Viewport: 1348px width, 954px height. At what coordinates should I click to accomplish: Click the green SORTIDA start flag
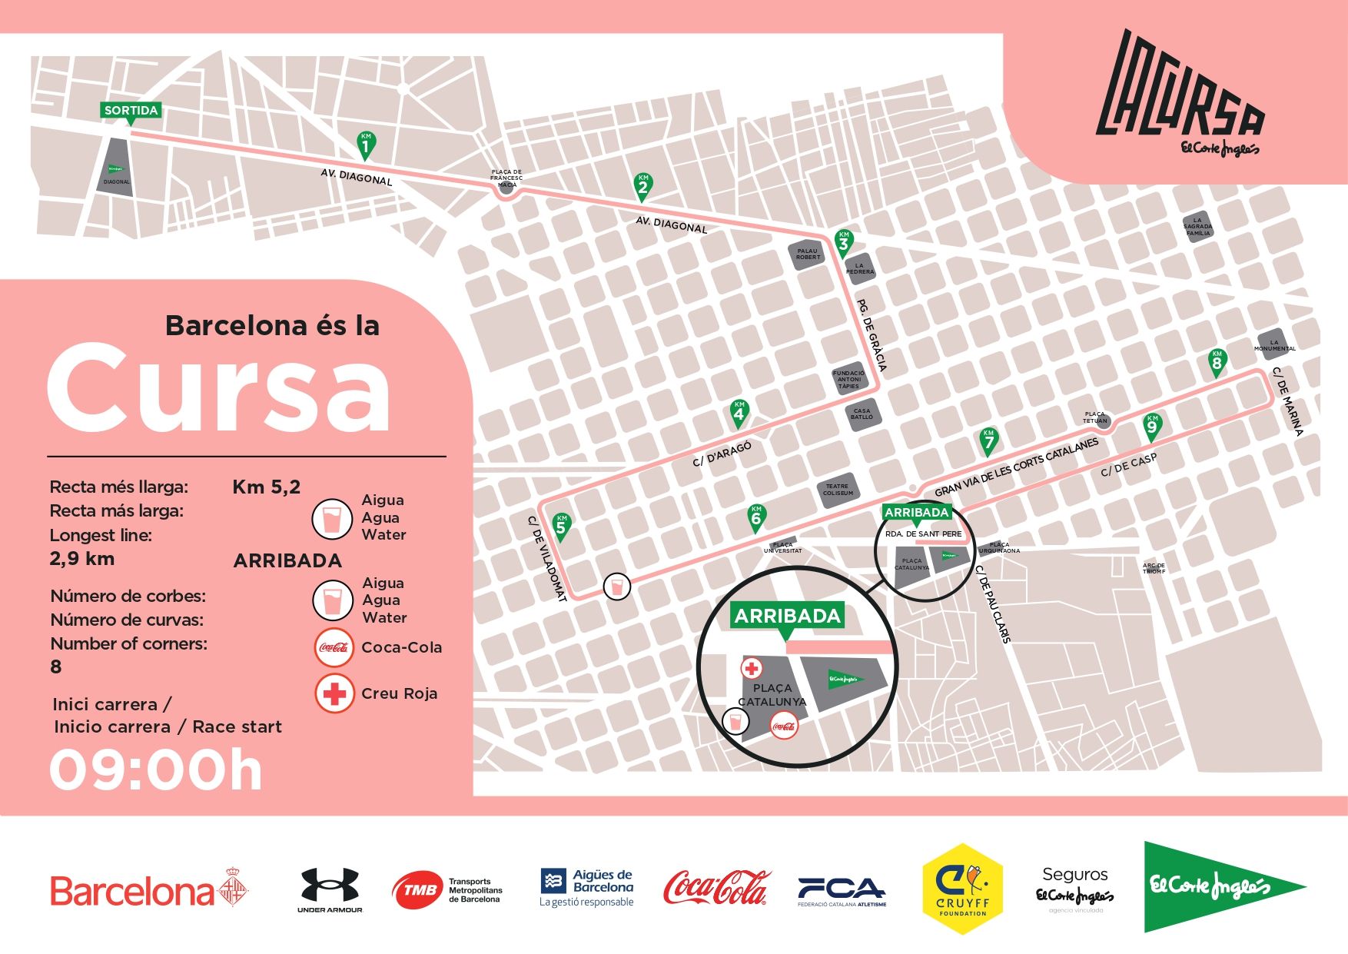pos(131,111)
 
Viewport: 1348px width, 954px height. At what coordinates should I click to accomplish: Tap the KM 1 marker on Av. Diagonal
pos(366,144)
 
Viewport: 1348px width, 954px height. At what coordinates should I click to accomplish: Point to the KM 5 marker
pos(561,527)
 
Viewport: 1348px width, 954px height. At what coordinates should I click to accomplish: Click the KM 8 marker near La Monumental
pos(1216,362)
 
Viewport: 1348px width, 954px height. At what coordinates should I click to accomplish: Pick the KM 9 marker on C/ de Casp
pos(1151,426)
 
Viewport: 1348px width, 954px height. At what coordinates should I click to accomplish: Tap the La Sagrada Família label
pos(1197,226)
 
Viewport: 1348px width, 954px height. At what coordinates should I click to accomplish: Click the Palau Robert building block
pos(807,254)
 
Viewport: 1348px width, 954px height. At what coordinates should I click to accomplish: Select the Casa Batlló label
pos(862,414)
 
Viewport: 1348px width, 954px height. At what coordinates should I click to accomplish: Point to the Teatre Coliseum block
pos(837,489)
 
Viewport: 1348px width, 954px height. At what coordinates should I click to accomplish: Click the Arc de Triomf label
pos(1154,569)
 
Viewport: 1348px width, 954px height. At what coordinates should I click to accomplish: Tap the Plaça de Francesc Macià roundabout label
pos(506,178)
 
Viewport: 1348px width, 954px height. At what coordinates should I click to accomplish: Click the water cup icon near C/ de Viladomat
pos(616,587)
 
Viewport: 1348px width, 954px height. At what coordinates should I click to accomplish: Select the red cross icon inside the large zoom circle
pos(752,668)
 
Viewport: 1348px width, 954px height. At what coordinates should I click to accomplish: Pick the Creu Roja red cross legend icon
pos(334,693)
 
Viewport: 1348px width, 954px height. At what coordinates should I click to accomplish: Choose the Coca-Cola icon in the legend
pos(334,647)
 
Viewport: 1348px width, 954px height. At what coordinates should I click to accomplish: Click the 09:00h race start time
pos(156,770)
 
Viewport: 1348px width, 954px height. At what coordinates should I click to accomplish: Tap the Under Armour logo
pos(330,889)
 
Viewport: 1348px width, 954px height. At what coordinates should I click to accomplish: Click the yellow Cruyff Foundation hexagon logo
pos(962,889)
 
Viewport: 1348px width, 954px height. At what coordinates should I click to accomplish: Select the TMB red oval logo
pos(417,890)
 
